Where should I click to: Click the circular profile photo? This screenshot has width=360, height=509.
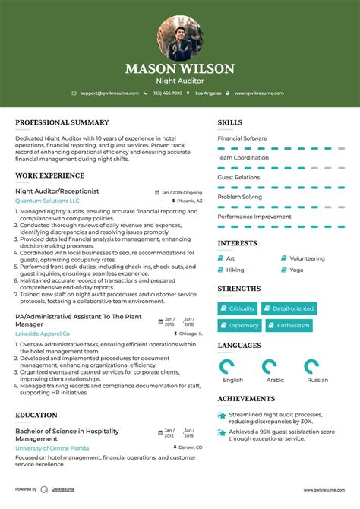180,36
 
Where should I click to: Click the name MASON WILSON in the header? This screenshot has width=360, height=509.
180,68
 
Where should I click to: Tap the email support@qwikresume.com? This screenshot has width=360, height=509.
109,93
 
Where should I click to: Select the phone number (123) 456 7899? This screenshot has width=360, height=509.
166,93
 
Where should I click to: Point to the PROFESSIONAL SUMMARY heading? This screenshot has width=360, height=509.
62,122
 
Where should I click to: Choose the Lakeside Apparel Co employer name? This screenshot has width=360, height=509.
43,334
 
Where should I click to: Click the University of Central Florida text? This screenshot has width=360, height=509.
52,448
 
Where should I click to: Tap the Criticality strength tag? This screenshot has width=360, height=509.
238,309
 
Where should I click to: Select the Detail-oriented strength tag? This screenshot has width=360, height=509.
289,309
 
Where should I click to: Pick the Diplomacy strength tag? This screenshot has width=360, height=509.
240,325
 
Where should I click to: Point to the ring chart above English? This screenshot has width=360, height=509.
227,367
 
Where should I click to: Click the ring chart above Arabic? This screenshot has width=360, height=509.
270,367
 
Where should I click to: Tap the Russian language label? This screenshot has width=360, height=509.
317,380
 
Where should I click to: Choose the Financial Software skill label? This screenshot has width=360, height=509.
242,138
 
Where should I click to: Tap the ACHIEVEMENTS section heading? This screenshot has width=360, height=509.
247,398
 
